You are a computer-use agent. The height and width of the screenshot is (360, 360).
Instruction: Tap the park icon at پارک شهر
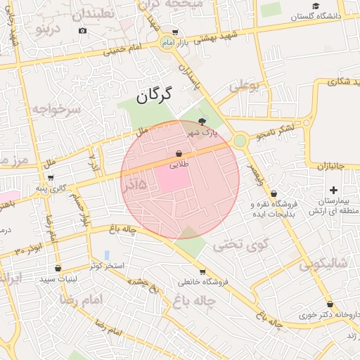[x=203, y=122]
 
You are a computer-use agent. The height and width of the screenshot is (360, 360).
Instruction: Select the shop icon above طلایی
[x=179, y=153]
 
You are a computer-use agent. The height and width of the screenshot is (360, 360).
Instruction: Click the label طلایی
[x=179, y=164]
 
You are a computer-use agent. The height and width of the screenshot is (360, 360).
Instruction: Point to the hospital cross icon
[x=333, y=191]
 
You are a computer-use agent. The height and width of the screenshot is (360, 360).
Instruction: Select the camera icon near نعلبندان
[x=83, y=30]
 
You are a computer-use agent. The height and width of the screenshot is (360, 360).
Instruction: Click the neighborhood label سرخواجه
[x=57, y=109]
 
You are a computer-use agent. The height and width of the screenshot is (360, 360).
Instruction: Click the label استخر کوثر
[x=106, y=266]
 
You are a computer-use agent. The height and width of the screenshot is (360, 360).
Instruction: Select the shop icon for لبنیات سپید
[x=58, y=268]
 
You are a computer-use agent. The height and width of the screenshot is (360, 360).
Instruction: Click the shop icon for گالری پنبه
[x=50, y=177]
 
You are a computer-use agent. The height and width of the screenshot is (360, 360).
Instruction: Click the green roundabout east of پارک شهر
[x=240, y=141]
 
